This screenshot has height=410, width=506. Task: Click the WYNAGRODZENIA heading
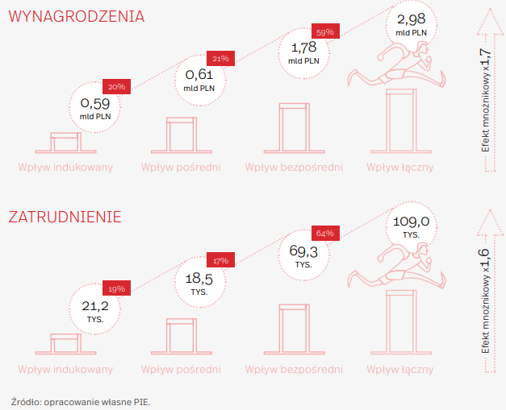tap(77, 16)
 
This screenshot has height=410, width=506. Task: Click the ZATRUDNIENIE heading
tap(65, 217)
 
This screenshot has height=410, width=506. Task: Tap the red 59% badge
tap(325, 31)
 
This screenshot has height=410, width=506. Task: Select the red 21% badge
tap(220, 58)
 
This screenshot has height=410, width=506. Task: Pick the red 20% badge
tap(116, 87)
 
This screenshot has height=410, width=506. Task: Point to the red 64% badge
tap(325, 233)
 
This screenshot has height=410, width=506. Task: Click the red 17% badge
tap(220, 260)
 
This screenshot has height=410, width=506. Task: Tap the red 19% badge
tap(116, 288)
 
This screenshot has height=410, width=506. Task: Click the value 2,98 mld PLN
tap(411, 24)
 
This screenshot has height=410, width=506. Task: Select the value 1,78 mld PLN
tap(303, 53)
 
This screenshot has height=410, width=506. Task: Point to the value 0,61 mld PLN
tap(199, 81)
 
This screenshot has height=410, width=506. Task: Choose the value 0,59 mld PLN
tap(95, 109)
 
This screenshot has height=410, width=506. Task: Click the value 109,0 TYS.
tap(411, 226)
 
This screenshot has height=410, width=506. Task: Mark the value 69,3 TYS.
tap(303, 256)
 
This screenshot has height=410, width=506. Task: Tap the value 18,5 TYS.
tap(199, 284)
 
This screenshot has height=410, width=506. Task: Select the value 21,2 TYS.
tap(95, 311)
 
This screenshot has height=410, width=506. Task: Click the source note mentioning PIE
tap(81, 402)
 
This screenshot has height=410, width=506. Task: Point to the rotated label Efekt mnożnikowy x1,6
tap(485, 301)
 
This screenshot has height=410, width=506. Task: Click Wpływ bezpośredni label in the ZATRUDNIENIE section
tap(294, 369)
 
